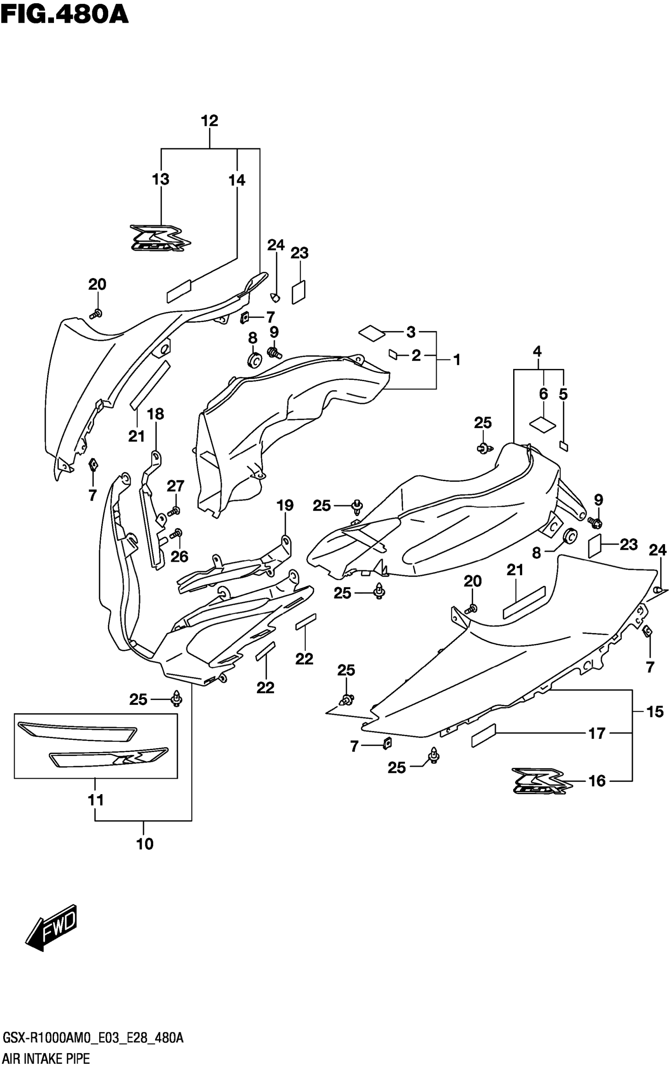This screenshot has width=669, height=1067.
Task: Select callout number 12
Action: (x=209, y=121)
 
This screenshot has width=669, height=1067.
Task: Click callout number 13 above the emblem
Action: (x=161, y=179)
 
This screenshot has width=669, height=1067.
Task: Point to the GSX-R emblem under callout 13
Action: (x=160, y=239)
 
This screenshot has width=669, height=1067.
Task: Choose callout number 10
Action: (x=145, y=844)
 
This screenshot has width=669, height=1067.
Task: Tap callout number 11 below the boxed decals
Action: (x=96, y=800)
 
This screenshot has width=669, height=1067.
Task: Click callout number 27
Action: (x=175, y=486)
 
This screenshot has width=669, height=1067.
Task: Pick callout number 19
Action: (x=285, y=506)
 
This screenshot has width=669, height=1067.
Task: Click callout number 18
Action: (x=155, y=414)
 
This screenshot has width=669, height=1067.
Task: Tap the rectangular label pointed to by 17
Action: (x=484, y=736)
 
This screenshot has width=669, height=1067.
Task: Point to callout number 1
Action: (x=456, y=360)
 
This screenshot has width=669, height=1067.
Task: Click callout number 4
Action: (x=537, y=352)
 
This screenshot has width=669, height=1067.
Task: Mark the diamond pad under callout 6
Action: (x=542, y=424)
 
